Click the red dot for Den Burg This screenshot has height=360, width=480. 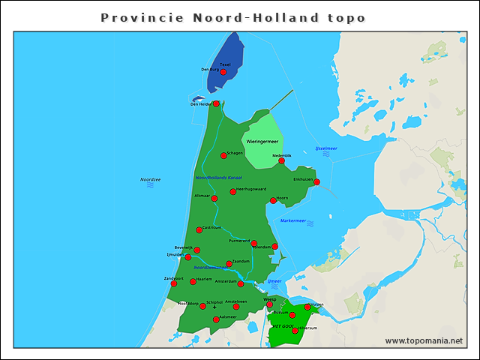(223, 73)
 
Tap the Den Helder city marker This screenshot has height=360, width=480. (216, 104)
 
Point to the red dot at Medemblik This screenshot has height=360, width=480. (281, 160)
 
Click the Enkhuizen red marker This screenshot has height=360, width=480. (316, 182)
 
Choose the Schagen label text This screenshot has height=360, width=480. (235, 152)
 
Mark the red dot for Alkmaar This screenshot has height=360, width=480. (214, 199)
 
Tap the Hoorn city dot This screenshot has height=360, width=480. (273, 200)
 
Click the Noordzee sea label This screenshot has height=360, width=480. (151, 179)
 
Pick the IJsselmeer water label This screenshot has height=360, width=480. (326, 148)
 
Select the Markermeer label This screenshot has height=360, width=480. (293, 220)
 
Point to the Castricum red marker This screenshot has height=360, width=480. (199, 230)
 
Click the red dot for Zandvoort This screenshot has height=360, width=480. (174, 283)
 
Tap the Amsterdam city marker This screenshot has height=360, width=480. (241, 284)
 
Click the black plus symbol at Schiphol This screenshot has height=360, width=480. (214, 307)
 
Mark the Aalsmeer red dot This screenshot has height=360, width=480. (216, 319)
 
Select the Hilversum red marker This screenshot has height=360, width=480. (295, 331)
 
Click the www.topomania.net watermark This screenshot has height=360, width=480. (424, 340)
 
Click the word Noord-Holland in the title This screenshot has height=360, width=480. (233, 16)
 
